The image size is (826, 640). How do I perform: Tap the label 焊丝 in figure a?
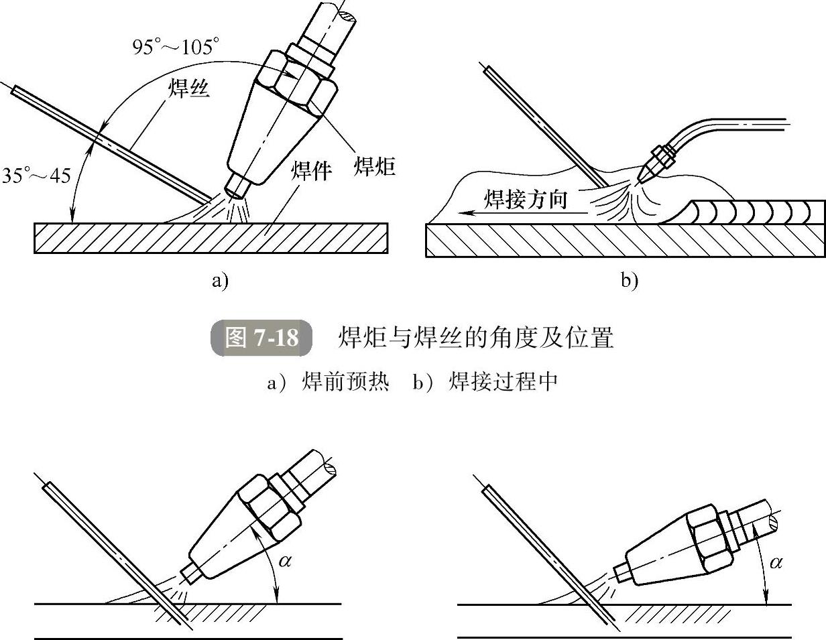pos(188,88)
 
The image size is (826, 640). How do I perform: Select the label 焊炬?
pos(374,166)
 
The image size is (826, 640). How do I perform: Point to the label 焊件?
pos(310,172)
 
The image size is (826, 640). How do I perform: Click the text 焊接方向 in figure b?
pos(526,199)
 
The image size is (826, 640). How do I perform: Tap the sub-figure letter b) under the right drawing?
pos(628,280)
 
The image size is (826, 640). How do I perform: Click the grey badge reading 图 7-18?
pos(261,337)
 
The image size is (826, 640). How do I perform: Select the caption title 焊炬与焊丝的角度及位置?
pos(475,338)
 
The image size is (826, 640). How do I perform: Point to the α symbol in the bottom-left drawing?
pos(285,561)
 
